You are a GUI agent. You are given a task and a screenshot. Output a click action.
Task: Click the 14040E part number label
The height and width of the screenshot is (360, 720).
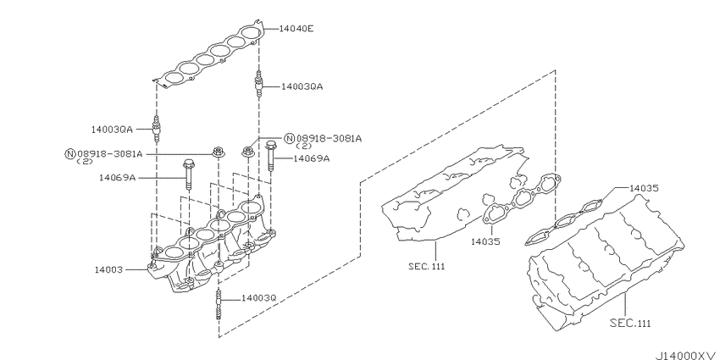pyautogui.click(x=296, y=29)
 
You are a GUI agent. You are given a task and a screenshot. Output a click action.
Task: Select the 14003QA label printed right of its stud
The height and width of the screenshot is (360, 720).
pyautogui.click(x=302, y=86)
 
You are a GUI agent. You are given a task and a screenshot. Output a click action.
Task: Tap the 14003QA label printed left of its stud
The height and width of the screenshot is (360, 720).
pyautogui.click(x=112, y=130)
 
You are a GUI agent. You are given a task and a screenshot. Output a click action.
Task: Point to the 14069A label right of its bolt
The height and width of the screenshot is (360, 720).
pyautogui.click(x=312, y=158)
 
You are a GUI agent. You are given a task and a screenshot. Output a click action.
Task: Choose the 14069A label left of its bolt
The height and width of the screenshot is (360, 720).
pyautogui.click(x=117, y=177)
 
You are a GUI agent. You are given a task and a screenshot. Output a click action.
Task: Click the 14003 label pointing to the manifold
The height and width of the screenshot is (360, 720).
pyautogui.click(x=108, y=270)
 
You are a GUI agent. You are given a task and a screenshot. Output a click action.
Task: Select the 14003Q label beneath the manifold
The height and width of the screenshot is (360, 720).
pyautogui.click(x=259, y=298)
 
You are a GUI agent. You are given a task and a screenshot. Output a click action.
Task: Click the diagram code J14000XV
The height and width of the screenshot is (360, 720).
pyautogui.click(x=685, y=356)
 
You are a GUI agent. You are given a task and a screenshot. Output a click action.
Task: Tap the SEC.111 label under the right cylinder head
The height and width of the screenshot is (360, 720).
pyautogui.click(x=630, y=324)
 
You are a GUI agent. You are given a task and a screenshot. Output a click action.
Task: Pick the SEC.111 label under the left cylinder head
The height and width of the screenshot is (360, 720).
pyautogui.click(x=427, y=266)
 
